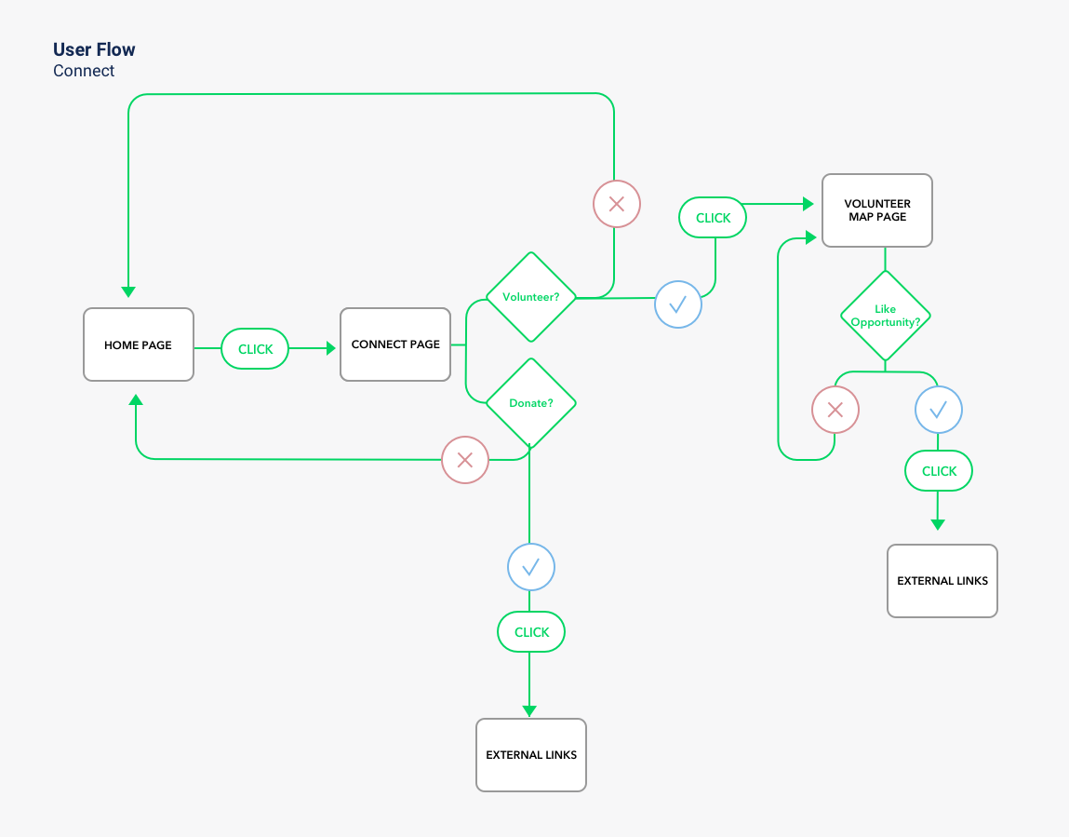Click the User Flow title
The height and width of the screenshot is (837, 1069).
pyautogui.click(x=94, y=50)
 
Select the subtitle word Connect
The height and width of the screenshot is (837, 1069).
pyautogui.click(x=84, y=71)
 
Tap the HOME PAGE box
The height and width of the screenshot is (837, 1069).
pyautogui.click(x=139, y=344)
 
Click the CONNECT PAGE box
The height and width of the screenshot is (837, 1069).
pyautogui.click(x=395, y=344)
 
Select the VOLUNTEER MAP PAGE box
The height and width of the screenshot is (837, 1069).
pyautogui.click(x=877, y=210)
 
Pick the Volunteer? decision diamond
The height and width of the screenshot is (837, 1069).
pyautogui.click(x=531, y=297)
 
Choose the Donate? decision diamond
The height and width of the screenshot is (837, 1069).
pyautogui.click(x=531, y=403)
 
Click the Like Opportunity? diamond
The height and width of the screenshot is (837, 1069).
pyautogui.click(x=885, y=316)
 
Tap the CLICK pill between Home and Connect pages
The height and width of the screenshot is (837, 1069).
pyautogui.click(x=255, y=349)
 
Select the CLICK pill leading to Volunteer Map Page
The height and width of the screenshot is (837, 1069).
pyautogui.click(x=713, y=218)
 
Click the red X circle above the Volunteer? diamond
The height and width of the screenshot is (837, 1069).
pyautogui.click(x=616, y=204)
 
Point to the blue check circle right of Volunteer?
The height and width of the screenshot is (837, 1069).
pyautogui.click(x=678, y=304)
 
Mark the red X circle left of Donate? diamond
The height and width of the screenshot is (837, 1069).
pyautogui.click(x=465, y=460)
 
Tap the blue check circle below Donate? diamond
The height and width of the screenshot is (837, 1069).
pyautogui.click(x=530, y=567)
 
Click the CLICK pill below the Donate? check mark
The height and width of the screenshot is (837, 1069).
pyautogui.click(x=531, y=632)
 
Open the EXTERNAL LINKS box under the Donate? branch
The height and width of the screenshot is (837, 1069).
pyautogui.click(x=531, y=755)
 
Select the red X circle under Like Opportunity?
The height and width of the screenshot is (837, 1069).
pyautogui.click(x=835, y=410)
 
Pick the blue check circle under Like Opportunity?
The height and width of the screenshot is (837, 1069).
pyautogui.click(x=939, y=410)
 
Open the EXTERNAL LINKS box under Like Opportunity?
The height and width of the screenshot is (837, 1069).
pyautogui.click(x=942, y=581)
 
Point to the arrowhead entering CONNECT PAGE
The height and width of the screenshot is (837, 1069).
pyautogui.click(x=330, y=348)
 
